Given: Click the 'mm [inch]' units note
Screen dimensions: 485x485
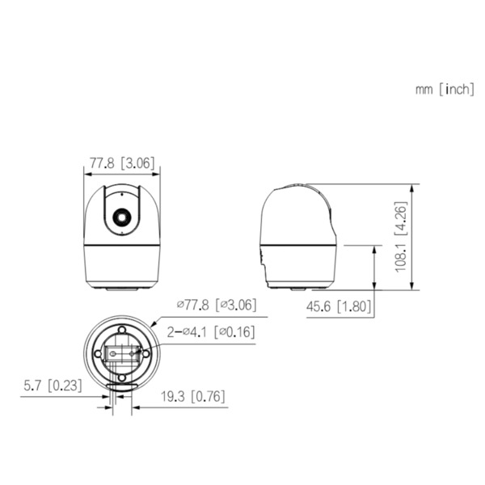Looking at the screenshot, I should click(x=445, y=89).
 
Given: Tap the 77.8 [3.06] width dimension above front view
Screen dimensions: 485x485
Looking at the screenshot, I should click(x=122, y=162).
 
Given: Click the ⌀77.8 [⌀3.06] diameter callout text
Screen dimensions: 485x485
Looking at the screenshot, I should click(x=216, y=305).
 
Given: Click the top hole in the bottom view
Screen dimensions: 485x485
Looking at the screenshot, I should click(x=122, y=330).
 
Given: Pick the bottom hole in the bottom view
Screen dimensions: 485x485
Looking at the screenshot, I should click(x=122, y=377).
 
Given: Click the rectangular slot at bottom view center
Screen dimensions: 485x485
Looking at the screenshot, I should click(x=121, y=354).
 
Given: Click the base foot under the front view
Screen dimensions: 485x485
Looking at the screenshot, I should click(x=122, y=285).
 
